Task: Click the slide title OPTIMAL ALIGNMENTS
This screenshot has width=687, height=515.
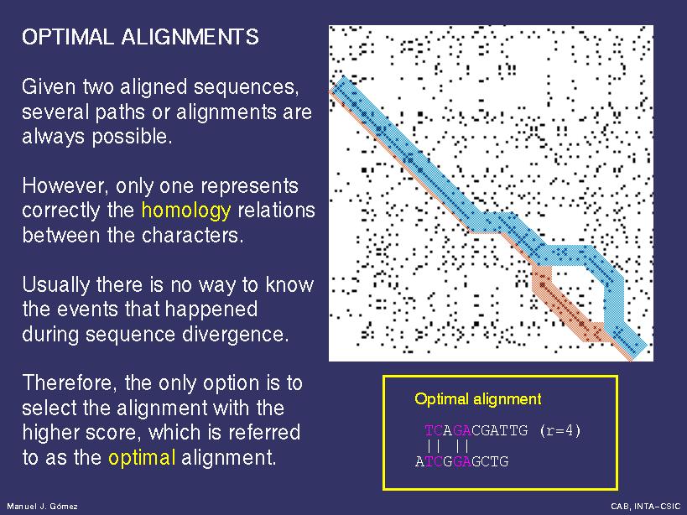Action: point(140,37)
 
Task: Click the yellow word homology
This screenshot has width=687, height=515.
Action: point(186,211)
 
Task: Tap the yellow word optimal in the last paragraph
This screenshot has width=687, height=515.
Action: point(142,459)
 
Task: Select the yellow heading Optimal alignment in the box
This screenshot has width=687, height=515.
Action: point(478,399)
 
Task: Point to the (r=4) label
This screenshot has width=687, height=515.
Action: point(560,430)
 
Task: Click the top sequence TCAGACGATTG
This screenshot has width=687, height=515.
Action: point(476,430)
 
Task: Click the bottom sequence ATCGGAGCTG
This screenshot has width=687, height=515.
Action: point(462,461)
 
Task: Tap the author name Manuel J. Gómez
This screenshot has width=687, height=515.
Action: point(43,507)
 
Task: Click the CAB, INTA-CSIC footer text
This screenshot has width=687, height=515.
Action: point(646,507)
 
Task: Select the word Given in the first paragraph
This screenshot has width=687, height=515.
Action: point(49,86)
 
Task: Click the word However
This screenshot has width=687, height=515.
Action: point(65,186)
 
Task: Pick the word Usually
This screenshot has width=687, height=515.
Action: point(55,285)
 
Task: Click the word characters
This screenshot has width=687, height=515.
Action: point(192,236)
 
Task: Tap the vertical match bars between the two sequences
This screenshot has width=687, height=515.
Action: point(448,446)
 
